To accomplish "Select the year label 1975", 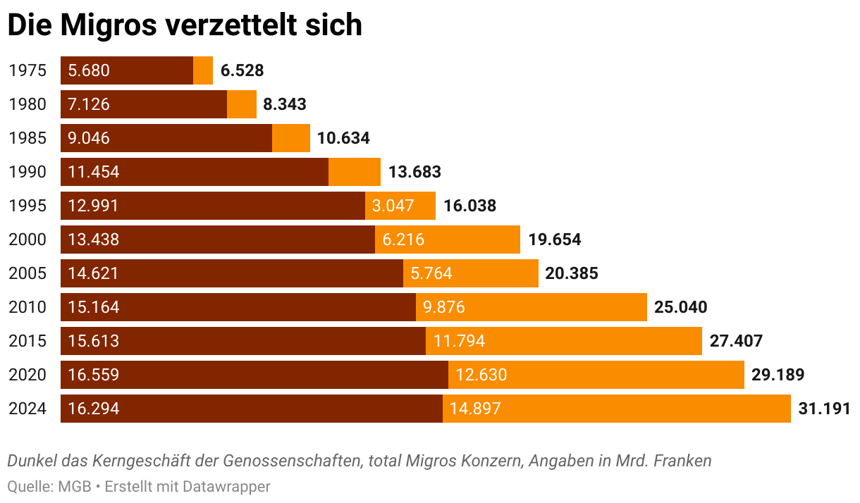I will point(27,70).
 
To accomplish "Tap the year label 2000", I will point(27,240).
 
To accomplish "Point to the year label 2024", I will point(27,409).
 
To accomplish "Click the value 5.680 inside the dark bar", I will point(89,70).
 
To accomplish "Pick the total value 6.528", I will point(242,70).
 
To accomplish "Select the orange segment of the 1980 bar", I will point(242,104).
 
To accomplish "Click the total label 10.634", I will point(343,138).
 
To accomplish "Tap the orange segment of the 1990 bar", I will point(355,172).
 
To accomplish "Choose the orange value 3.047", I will point(393,206).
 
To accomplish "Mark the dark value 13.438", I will point(94,240).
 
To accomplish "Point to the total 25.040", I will point(680,307).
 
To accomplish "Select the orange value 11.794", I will point(460,341).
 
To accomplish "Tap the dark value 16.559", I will point(94,375).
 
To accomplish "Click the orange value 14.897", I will point(475,409).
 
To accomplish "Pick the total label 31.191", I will point(824,409).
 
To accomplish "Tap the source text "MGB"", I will point(74,486).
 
